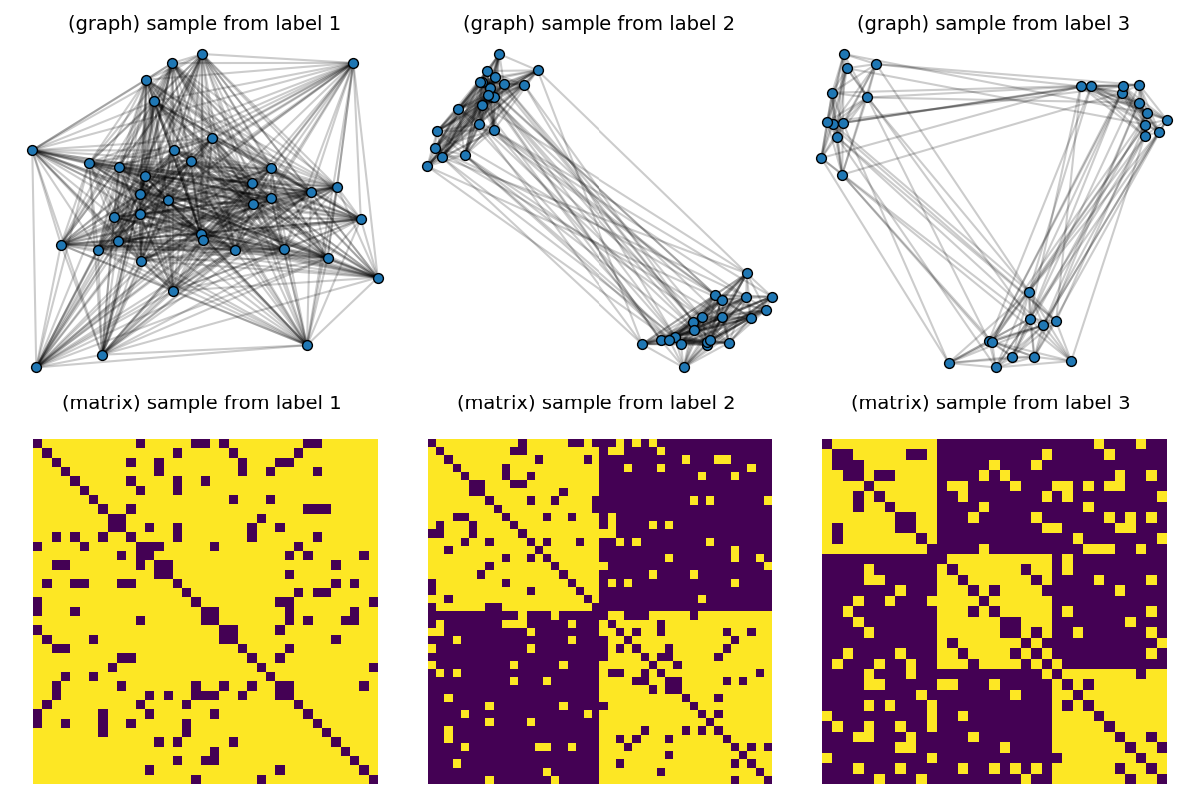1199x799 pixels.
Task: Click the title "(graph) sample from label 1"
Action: click(x=204, y=24)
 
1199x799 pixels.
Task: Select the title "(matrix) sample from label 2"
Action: click(x=596, y=403)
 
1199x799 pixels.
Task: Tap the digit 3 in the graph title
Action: click(x=1124, y=24)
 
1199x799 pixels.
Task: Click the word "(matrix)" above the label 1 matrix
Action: click(x=103, y=403)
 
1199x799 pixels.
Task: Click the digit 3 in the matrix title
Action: click(x=1124, y=403)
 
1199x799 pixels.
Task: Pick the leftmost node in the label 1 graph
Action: click(x=32, y=150)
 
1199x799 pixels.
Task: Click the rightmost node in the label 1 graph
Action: click(x=378, y=278)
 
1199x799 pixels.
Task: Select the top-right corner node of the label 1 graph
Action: click(x=353, y=63)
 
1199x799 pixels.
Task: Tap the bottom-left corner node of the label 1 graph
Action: click(x=36, y=367)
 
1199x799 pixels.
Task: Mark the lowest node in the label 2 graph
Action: click(x=684, y=367)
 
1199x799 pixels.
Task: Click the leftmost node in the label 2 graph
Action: click(x=427, y=166)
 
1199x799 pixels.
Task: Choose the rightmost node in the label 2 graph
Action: click(x=772, y=297)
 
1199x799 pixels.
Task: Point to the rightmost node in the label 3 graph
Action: click(x=1167, y=120)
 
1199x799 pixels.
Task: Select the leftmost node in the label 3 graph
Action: click(x=821, y=158)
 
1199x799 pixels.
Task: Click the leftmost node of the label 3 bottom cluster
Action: click(x=949, y=363)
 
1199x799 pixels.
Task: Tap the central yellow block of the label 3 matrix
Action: click(x=994, y=611)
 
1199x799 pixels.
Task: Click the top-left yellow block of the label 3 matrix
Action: click(x=879, y=496)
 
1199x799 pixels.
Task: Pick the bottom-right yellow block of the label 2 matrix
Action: click(x=686, y=697)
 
